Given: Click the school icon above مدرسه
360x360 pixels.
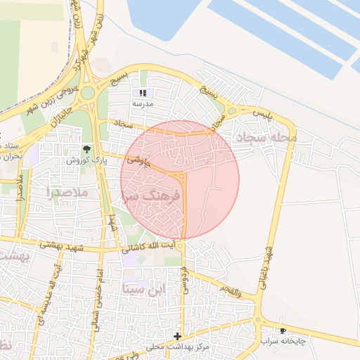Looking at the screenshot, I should point(143,93).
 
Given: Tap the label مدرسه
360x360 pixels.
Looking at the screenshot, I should point(143,103).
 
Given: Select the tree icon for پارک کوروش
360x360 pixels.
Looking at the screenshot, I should point(87,149).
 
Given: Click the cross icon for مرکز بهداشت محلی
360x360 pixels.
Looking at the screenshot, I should point(177,336).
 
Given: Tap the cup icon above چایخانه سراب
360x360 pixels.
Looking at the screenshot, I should point(283,330).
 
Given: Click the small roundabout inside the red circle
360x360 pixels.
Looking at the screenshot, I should point(182,176).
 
